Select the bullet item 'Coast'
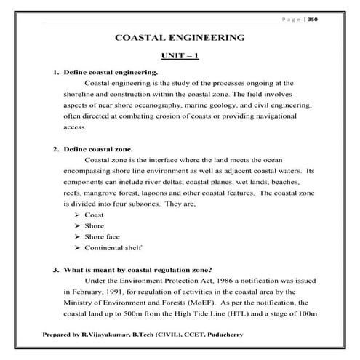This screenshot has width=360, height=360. coord(95,215)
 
